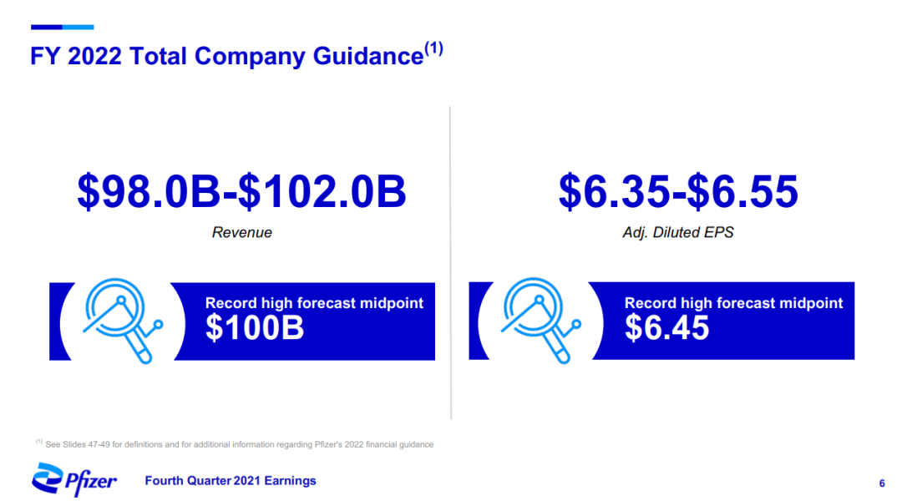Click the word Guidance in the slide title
(368, 57)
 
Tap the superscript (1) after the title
(433, 48)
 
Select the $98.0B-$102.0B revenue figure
(241, 191)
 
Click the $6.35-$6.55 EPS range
(678, 191)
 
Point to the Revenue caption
(241, 232)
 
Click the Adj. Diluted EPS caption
(678, 232)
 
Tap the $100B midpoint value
(254, 328)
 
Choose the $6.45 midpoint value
(666, 328)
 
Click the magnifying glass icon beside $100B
(123, 321)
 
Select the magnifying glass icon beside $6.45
(540, 321)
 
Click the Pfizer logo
(74, 480)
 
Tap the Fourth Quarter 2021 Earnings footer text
(231, 481)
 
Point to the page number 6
(882, 483)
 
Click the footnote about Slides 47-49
(235, 444)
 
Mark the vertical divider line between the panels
(450, 263)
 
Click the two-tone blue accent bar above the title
(62, 27)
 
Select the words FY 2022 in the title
(76, 57)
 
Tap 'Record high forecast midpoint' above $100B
(314, 303)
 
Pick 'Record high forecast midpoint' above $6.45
(733, 303)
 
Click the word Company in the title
(250, 57)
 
